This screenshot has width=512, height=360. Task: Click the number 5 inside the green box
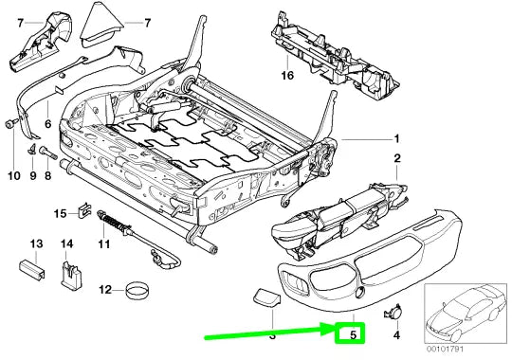[x=352, y=333]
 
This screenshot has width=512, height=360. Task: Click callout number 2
[x=397, y=158]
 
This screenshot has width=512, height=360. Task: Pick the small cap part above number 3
[x=264, y=300]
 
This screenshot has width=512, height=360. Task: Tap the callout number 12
[x=107, y=289]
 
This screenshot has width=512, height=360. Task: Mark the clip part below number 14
[x=68, y=278]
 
